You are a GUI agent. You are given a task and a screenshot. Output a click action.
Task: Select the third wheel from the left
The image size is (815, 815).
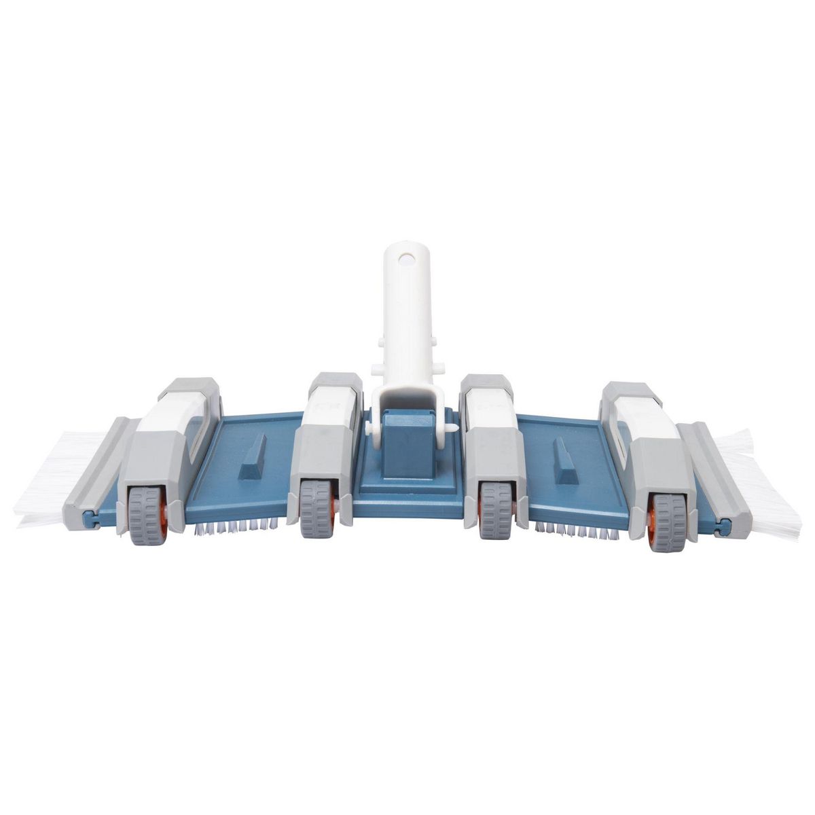coord(494,509)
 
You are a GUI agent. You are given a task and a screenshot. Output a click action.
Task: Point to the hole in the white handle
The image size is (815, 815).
coord(406,259)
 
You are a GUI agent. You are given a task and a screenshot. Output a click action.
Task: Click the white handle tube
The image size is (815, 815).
coord(405,312)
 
